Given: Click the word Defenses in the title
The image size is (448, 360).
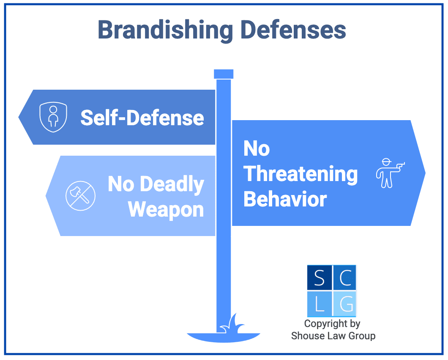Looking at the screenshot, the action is [293, 30].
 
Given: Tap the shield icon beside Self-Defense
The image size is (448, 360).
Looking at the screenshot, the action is [53, 117].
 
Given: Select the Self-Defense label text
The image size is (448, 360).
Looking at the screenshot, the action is [142, 118].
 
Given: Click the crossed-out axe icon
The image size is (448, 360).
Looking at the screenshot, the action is [81, 196].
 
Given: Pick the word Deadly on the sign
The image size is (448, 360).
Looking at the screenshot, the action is [172, 185].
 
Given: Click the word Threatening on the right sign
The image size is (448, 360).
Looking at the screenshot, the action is [300, 174].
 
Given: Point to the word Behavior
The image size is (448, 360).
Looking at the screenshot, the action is [285, 199].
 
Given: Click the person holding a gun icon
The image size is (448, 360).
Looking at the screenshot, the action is [390, 173].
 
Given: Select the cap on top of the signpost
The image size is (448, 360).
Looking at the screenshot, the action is [224, 74].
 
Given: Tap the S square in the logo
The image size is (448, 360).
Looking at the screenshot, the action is [320, 278].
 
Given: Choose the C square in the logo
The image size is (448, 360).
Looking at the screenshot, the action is [345, 278].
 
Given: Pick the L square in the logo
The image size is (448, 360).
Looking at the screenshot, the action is [320, 304].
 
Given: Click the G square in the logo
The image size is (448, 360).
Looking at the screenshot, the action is [345, 304].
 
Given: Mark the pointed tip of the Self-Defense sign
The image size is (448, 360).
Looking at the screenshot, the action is [19, 117].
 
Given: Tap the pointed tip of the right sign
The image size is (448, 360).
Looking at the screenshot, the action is [426, 173].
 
